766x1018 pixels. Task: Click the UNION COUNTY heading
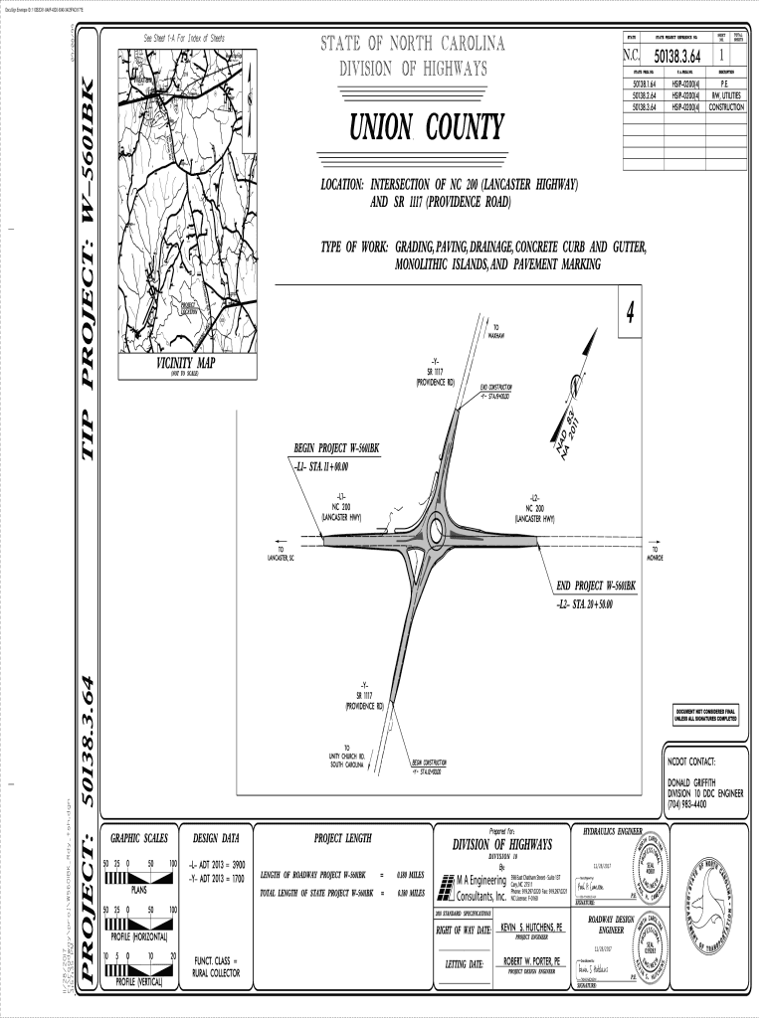click(x=426, y=128)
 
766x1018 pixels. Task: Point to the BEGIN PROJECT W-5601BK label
click(x=336, y=448)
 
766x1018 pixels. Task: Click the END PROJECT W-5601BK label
click(x=595, y=587)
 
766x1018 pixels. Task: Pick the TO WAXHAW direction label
click(x=496, y=331)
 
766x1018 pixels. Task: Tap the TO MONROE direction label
click(x=655, y=553)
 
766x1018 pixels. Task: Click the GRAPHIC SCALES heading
click(x=138, y=838)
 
